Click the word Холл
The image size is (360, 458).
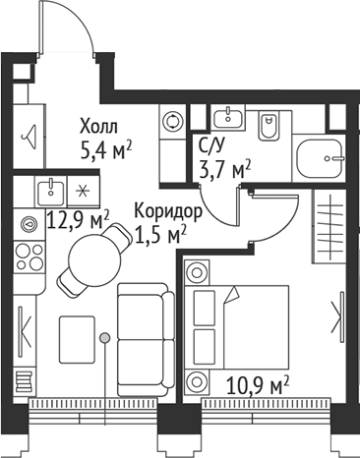click(97, 127)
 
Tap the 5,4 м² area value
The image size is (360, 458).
click(105, 150)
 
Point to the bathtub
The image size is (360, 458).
click(319, 155)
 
